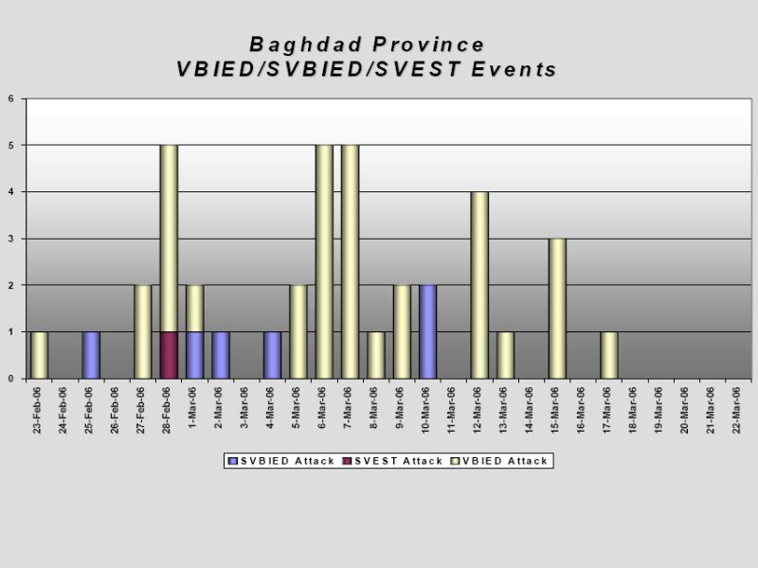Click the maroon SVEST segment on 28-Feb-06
[x=169, y=355]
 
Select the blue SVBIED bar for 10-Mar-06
[x=428, y=332]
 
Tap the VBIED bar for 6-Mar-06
[x=324, y=262]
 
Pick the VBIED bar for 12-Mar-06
[x=479, y=285]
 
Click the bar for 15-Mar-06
[x=557, y=309]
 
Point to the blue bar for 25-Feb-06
[x=91, y=355]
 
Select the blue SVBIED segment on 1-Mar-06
[x=195, y=355]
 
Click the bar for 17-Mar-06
[x=609, y=355]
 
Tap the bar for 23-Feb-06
[x=39, y=355]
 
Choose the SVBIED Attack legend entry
[x=281, y=461]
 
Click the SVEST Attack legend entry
[x=392, y=461]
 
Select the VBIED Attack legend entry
[x=499, y=461]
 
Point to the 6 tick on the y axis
[x=10, y=98]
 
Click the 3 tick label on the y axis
[x=10, y=239]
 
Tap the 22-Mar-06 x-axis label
[x=736, y=410]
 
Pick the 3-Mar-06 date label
[x=244, y=408]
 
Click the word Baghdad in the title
[x=305, y=44]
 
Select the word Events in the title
[x=514, y=69]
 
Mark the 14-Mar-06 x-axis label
[x=530, y=410]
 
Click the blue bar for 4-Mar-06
[x=273, y=355]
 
